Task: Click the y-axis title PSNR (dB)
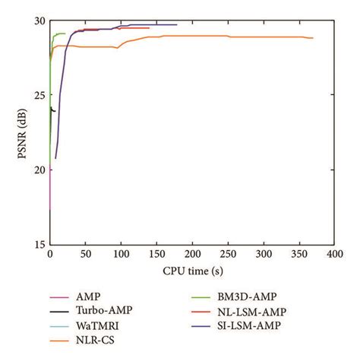pos(17,131)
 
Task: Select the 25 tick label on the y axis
pos(39,95)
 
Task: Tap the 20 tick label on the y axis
pos(39,169)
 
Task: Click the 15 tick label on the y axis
pos(39,244)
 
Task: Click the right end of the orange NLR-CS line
pos(312,38)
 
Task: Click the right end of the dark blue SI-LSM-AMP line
pos(176,24)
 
